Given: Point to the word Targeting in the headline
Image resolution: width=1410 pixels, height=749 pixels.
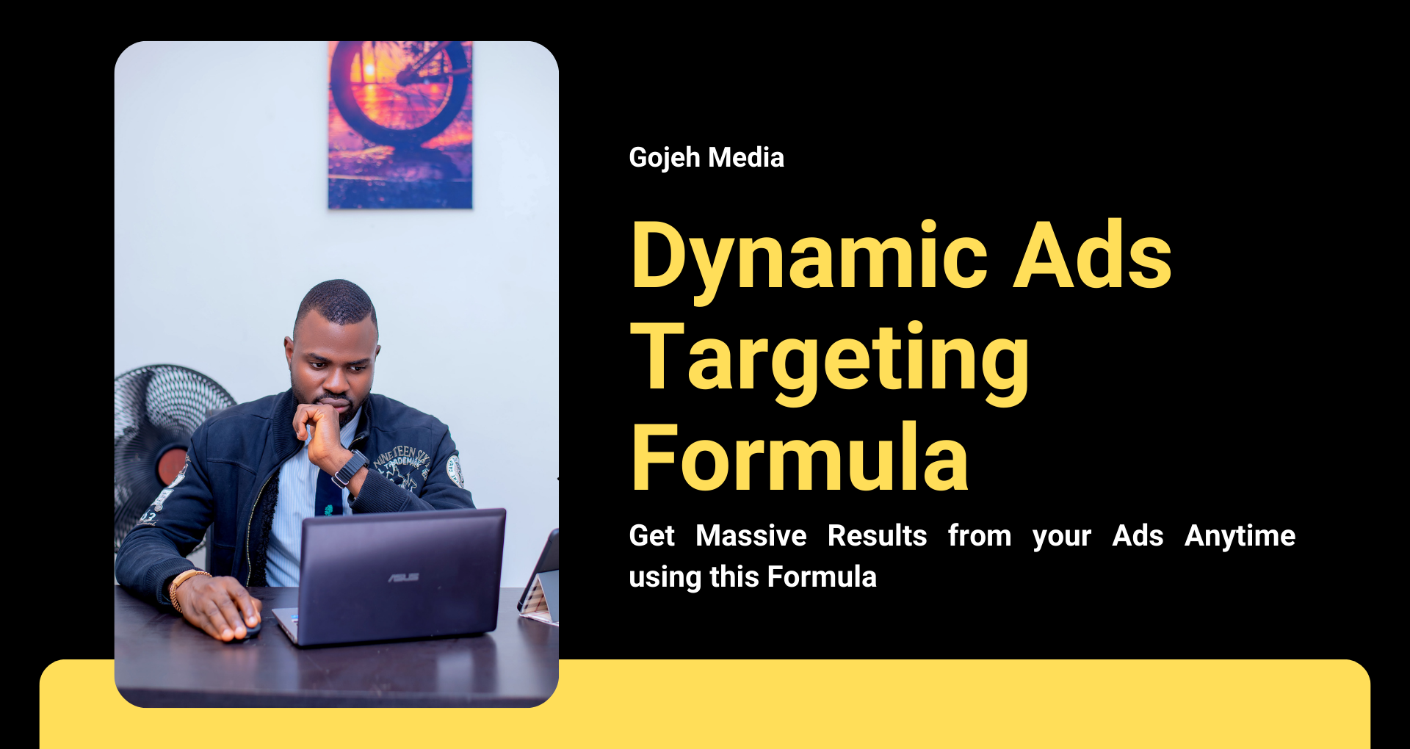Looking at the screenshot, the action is (x=830, y=361).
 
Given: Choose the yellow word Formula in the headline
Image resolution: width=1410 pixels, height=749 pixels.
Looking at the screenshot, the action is (x=800, y=457).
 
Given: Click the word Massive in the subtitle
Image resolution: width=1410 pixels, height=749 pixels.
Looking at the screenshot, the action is (x=751, y=536).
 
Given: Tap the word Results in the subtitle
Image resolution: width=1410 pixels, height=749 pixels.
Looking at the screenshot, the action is (x=878, y=536).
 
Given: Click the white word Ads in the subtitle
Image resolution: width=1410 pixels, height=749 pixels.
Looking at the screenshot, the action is (x=1138, y=536).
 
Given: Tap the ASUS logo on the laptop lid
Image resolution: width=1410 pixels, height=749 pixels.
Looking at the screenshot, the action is (x=404, y=578).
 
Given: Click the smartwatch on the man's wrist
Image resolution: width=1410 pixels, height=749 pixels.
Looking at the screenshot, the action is (x=350, y=468).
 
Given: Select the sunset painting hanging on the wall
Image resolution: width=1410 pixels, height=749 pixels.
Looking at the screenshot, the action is (x=400, y=125).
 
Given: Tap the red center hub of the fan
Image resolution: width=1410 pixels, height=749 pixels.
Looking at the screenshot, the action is (x=172, y=468).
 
